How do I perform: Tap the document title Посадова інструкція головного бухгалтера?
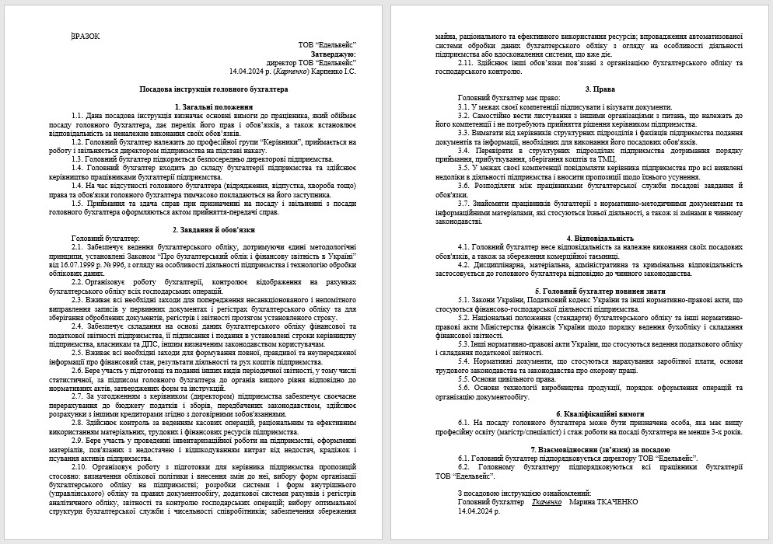pos(213,89)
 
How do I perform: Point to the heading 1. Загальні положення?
pos(213,106)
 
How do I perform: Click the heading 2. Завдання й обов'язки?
pos(213,229)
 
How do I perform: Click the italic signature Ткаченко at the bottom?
pos(546,502)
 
